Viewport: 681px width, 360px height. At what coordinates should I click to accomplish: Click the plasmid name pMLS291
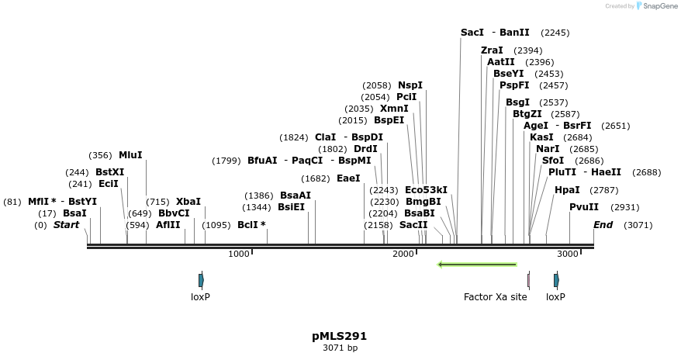click(340, 336)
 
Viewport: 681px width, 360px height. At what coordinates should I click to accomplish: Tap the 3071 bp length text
click(340, 348)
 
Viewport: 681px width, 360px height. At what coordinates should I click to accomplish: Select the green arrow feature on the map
click(477, 265)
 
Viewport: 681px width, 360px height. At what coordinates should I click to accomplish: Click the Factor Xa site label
click(495, 296)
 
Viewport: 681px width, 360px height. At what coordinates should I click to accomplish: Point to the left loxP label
click(200, 296)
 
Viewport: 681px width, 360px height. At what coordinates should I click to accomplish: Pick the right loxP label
click(555, 296)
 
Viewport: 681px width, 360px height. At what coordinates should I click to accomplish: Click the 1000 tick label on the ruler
click(239, 254)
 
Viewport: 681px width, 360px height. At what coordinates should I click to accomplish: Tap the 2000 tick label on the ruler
click(403, 254)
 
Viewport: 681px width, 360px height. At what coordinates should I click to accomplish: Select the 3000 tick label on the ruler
click(568, 254)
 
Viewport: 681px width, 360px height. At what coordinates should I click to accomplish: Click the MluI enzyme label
click(130, 155)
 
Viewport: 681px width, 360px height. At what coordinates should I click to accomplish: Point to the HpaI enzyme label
click(567, 189)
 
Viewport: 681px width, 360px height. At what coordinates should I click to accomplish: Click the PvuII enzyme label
click(584, 207)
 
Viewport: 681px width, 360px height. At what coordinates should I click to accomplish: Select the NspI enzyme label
click(410, 85)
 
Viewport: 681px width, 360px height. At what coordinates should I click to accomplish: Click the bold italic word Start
click(66, 225)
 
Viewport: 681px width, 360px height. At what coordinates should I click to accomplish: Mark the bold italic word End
click(603, 225)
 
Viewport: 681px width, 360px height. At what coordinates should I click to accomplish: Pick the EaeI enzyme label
click(348, 178)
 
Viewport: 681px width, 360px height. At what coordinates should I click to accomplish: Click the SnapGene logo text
click(660, 6)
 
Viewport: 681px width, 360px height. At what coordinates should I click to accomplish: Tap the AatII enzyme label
click(500, 62)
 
